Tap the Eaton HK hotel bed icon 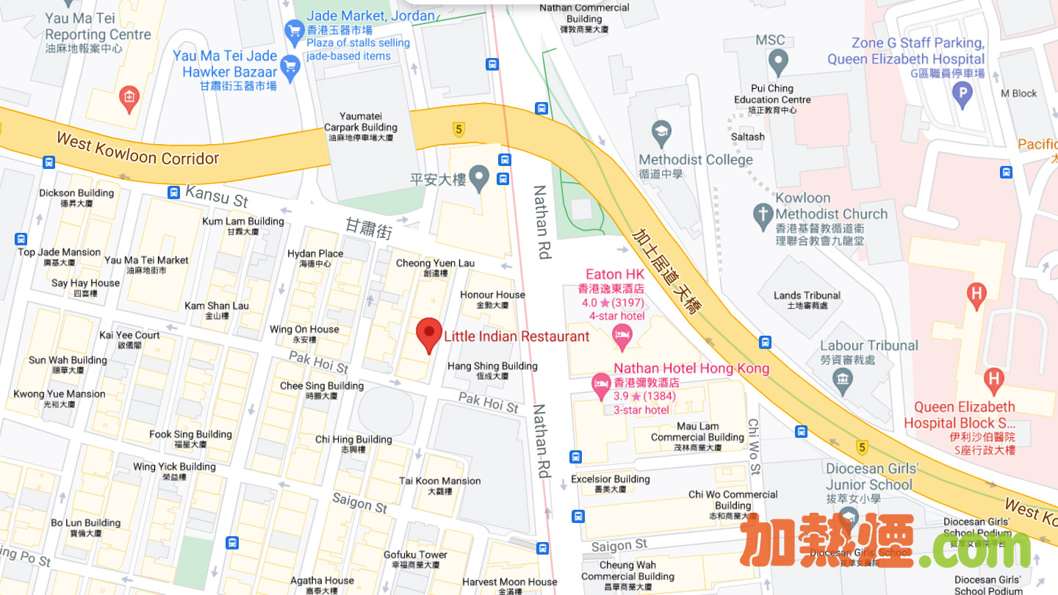coord(622,337)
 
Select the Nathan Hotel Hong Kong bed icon coord(601,383)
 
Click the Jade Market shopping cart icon coord(295,31)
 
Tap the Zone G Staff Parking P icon coord(962,93)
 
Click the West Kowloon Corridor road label coord(137,148)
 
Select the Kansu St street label coord(217,195)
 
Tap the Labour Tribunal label coord(869,345)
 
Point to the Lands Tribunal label coord(807,295)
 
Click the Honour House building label coord(492,295)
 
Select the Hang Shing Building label coord(492,366)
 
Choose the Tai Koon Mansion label coord(439,481)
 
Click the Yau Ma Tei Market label coord(146,260)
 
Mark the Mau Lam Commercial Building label coord(697,432)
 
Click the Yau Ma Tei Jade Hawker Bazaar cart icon coord(291,68)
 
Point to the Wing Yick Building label coord(174,466)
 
